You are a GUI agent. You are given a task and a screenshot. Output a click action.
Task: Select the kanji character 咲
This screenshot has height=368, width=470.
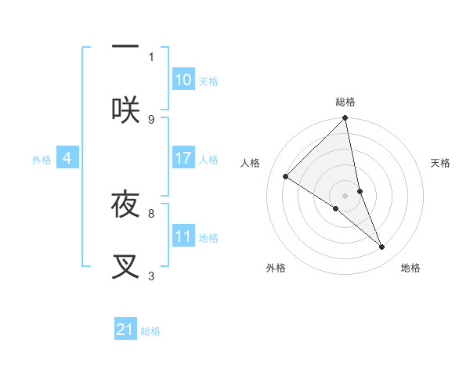coord(125,110)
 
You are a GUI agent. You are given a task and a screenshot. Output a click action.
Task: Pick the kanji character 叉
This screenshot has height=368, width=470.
coord(125,266)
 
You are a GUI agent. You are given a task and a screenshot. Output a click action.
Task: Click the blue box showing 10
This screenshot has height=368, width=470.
coord(183,80)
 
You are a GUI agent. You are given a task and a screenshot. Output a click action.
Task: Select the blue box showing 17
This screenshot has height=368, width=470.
coord(183,158)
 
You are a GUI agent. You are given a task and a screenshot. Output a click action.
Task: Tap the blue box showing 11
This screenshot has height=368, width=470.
coord(183,236)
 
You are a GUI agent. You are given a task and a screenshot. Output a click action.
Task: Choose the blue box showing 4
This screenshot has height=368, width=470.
coord(67,158)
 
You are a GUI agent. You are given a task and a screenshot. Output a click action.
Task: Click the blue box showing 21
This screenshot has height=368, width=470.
coord(125,330)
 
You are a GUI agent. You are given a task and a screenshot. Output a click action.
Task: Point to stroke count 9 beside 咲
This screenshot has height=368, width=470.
coord(151,119)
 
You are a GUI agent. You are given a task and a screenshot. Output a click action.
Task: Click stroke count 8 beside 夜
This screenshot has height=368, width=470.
coord(151,213)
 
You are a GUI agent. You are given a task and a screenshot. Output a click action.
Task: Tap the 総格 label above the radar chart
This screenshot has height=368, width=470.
coord(345,102)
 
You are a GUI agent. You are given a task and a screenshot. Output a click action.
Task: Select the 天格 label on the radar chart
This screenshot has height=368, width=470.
coord(441,163)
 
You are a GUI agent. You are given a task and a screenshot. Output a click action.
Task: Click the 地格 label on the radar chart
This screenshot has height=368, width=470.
coord(410,268)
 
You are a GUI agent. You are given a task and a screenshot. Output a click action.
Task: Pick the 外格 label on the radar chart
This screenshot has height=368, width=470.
coord(276,268)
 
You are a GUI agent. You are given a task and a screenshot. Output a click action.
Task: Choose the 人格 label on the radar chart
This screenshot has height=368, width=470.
coord(251,163)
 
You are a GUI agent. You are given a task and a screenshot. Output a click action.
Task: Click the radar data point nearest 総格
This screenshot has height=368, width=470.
coord(345,118)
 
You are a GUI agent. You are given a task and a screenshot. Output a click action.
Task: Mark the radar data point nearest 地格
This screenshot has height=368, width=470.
coord(382,247)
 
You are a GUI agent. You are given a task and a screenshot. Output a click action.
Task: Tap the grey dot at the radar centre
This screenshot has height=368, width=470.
coord(345,195)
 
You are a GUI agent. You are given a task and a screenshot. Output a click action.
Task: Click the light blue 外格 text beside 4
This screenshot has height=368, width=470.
coord(42,160)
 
